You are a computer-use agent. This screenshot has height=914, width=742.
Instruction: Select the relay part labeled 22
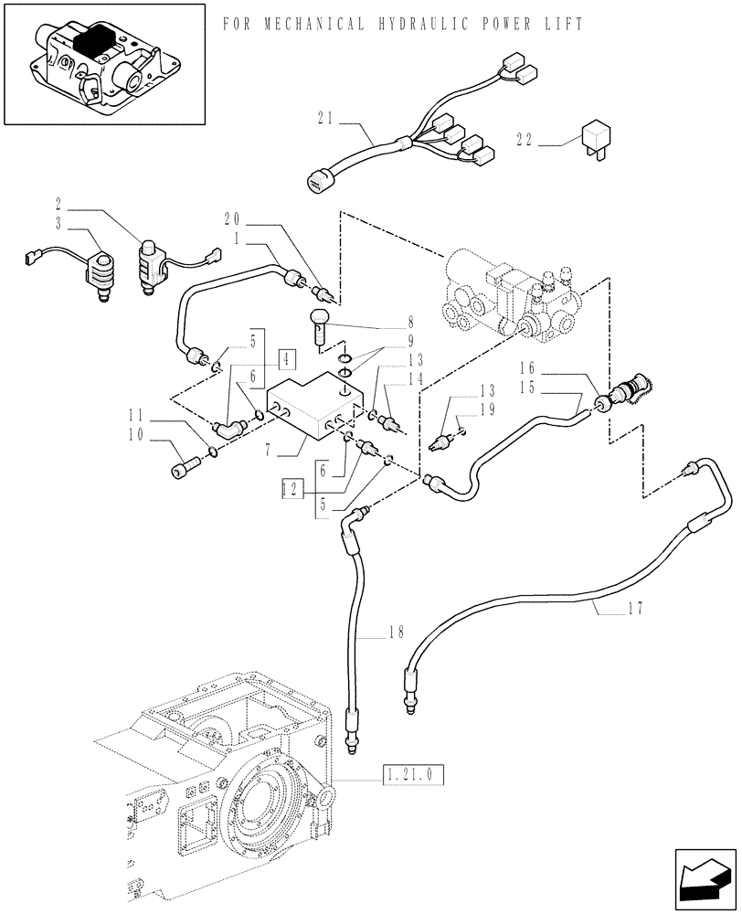pyautogui.click(x=589, y=143)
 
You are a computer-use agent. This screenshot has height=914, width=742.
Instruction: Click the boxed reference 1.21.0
pyautogui.click(x=408, y=776)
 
